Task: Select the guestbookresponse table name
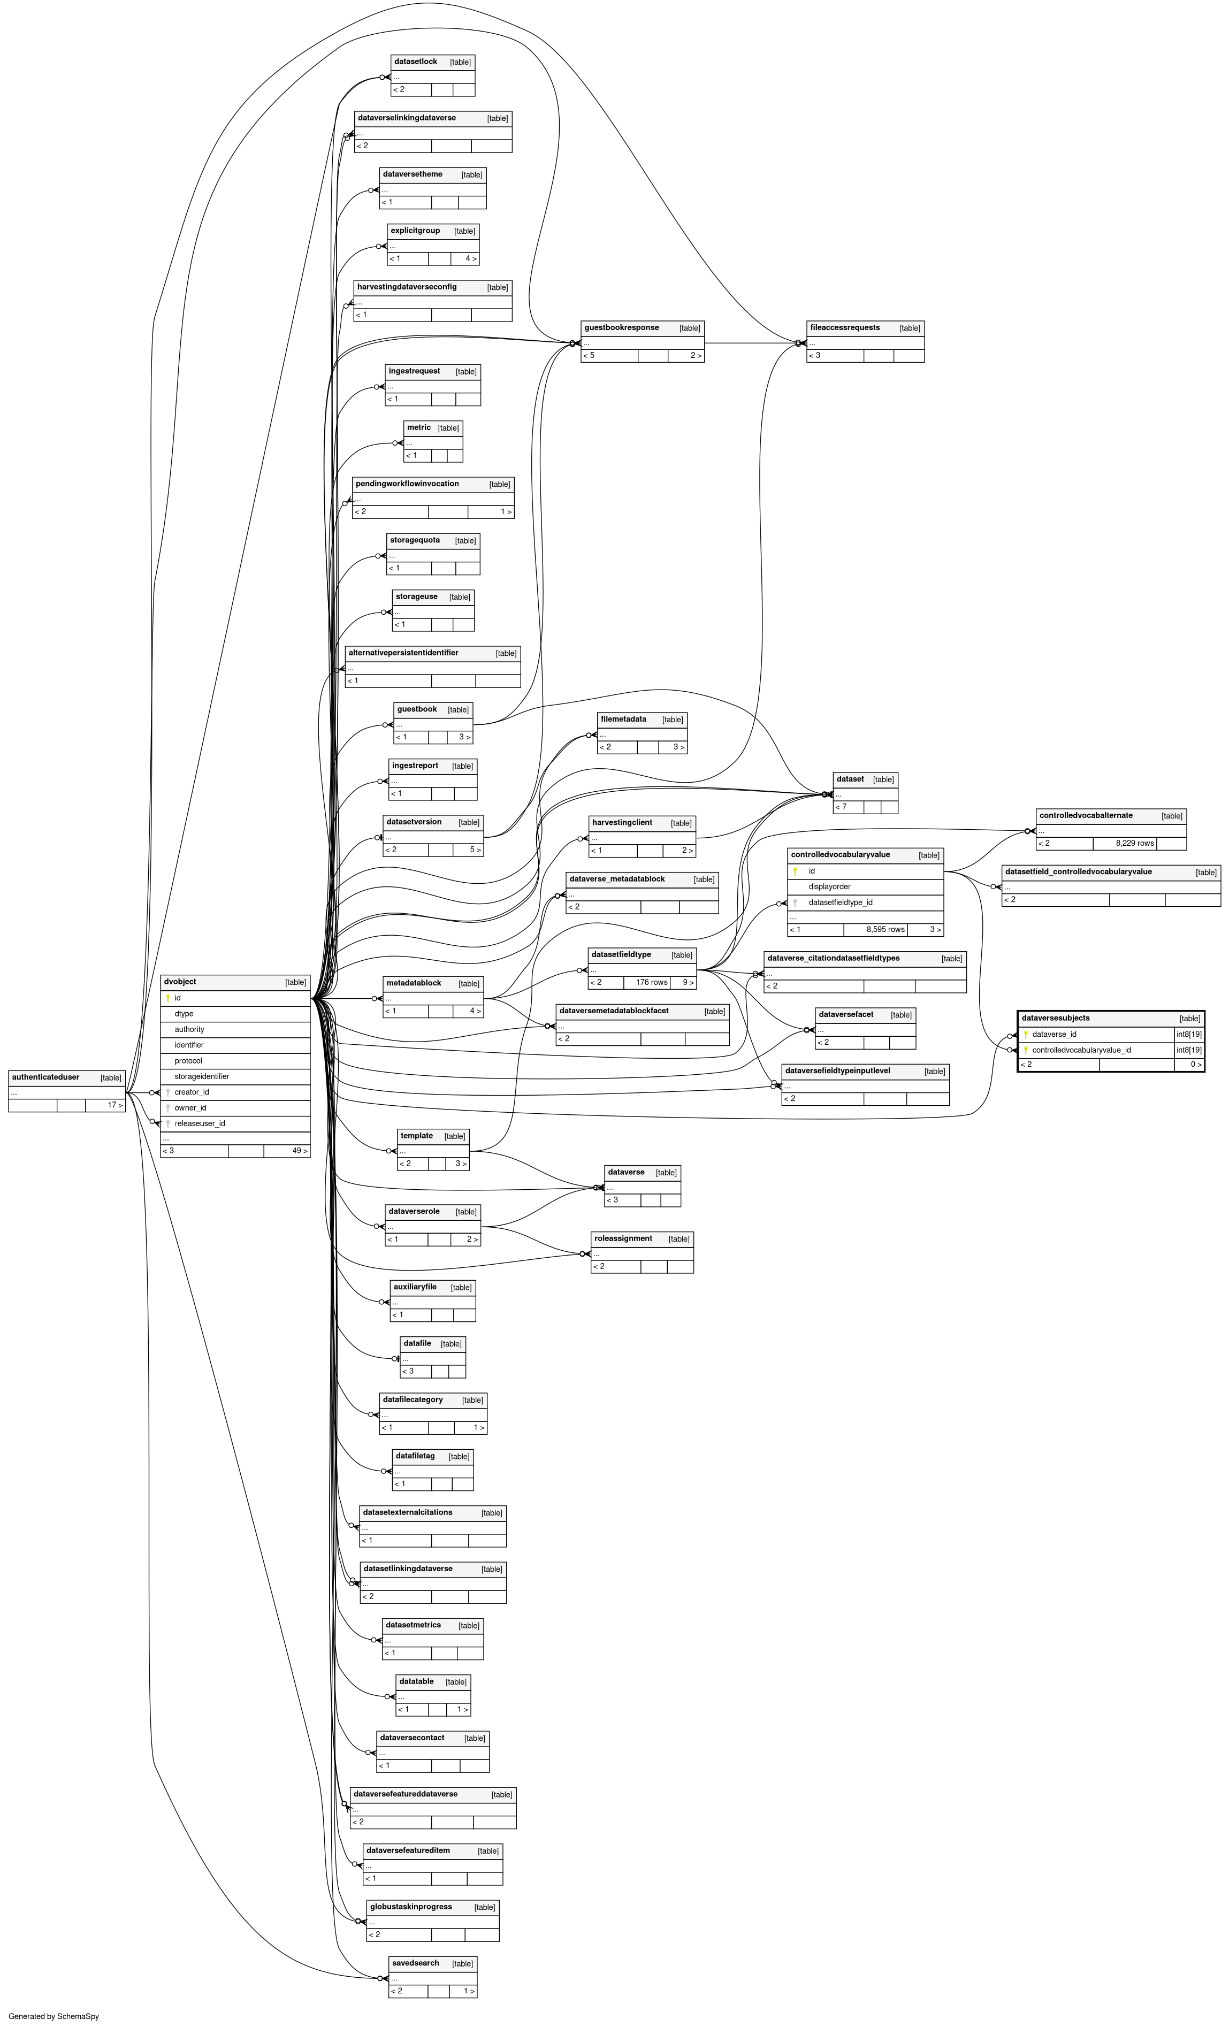pyautogui.click(x=621, y=327)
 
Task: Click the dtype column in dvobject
pyautogui.click(x=184, y=1013)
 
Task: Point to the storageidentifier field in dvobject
pyautogui.click(x=202, y=1076)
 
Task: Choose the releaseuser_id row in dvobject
pyautogui.click(x=200, y=1124)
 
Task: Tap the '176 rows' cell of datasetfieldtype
pyautogui.click(x=652, y=982)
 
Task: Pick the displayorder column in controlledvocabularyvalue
pyautogui.click(x=829, y=887)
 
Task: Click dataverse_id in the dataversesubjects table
pyautogui.click(x=1054, y=1034)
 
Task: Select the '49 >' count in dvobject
pyautogui.click(x=300, y=1151)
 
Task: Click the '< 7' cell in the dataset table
pyautogui.click(x=841, y=807)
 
